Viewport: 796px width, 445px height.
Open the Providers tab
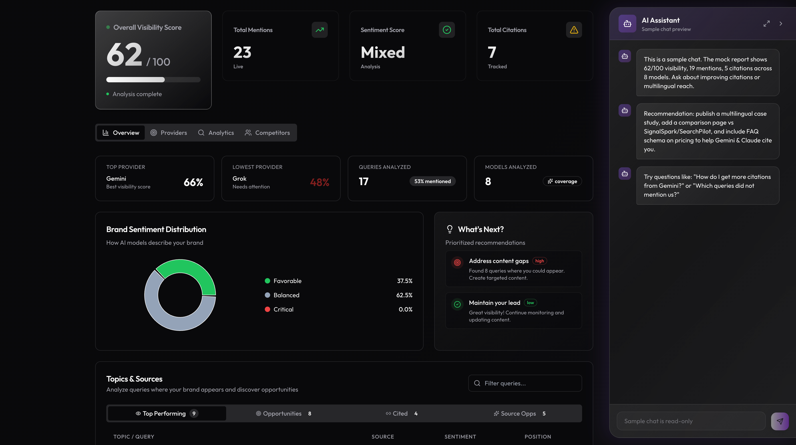click(169, 133)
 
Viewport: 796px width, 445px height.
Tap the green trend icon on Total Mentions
click(320, 30)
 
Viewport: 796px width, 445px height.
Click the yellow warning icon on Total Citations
click(574, 30)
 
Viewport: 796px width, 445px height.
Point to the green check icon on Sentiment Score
click(446, 30)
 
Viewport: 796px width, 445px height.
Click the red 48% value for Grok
click(320, 182)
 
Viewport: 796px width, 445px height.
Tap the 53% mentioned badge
click(432, 181)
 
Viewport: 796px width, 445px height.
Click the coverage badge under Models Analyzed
click(562, 181)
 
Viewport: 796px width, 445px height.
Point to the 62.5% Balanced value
click(404, 295)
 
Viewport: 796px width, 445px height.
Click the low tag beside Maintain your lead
click(530, 303)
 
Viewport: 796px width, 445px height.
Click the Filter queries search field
click(525, 383)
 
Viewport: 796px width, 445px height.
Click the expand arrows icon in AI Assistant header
click(766, 24)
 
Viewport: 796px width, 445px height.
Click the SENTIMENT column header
click(460, 437)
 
